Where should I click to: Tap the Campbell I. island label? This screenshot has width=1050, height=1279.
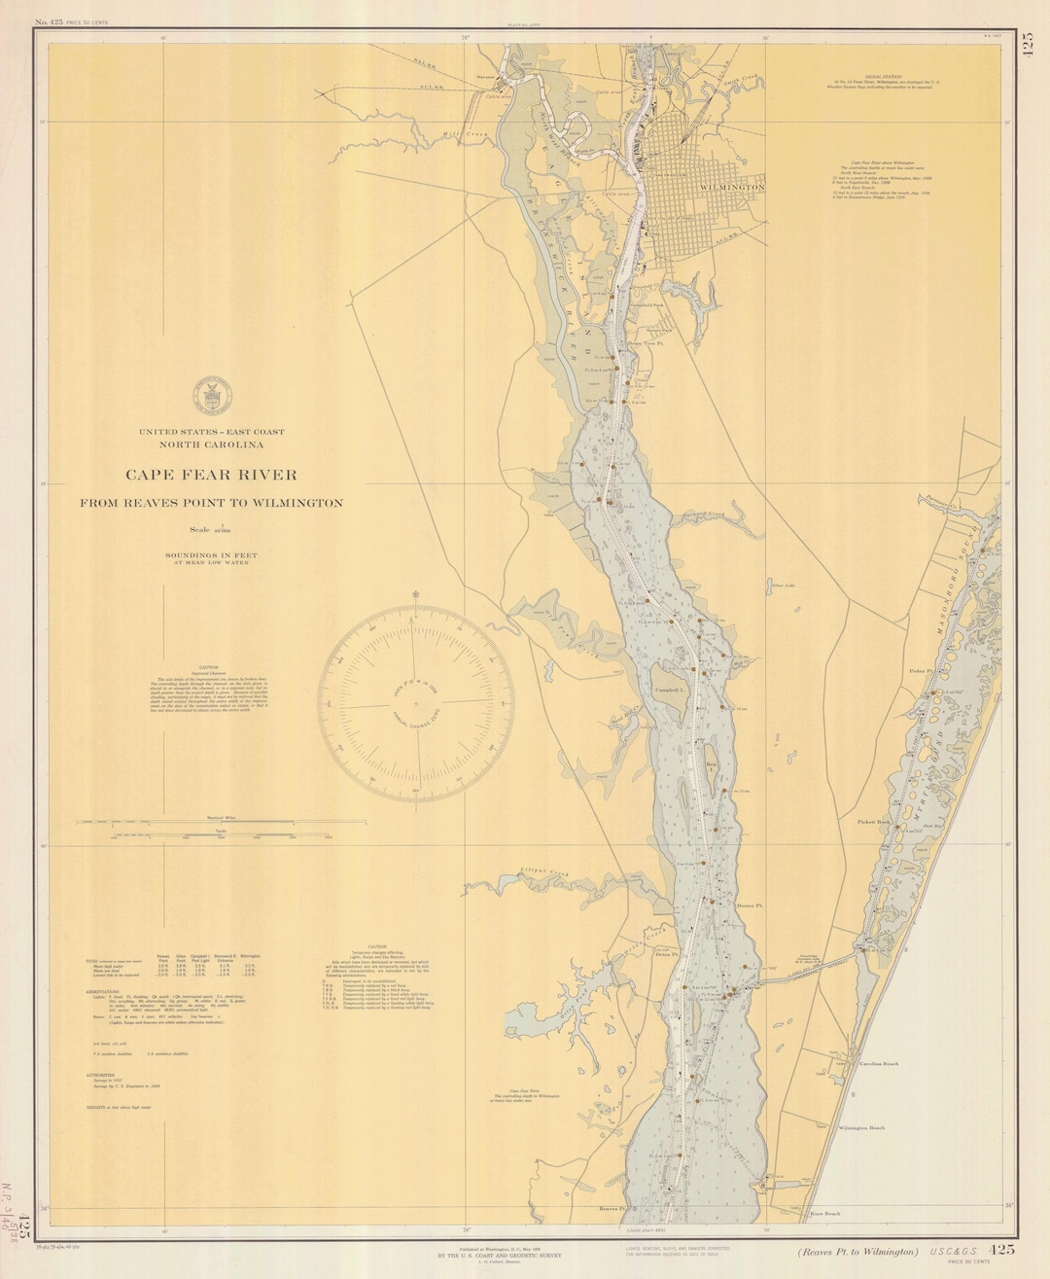[x=671, y=690]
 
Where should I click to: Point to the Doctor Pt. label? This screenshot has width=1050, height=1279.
[x=750, y=906]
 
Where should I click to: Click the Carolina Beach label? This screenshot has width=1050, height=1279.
[x=878, y=1064]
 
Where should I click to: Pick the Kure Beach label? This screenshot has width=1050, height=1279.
[x=823, y=1214]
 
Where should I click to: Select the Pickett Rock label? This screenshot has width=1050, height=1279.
[x=873, y=822]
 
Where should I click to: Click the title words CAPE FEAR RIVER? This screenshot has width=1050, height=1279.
[x=211, y=475]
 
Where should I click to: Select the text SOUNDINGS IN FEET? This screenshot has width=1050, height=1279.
[x=211, y=554]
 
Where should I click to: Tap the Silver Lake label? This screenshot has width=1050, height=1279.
[x=783, y=586]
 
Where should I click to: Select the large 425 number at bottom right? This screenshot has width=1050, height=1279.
[x=1002, y=1251]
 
